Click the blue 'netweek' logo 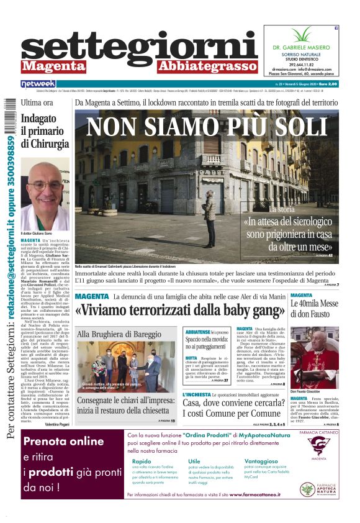pos(38,83)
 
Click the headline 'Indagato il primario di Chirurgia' pos(42,131)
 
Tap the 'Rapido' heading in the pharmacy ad pos(142,462)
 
